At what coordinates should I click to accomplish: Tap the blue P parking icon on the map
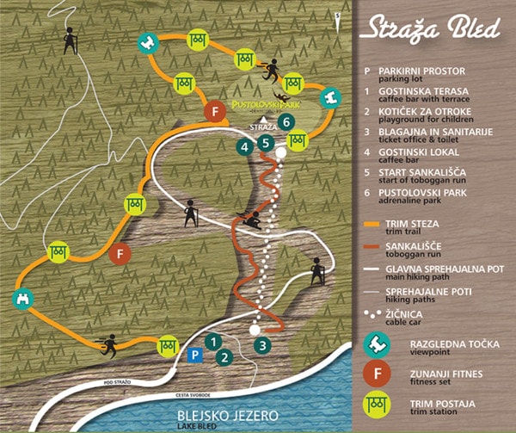[x=195, y=355]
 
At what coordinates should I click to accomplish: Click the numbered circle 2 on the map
[x=224, y=356]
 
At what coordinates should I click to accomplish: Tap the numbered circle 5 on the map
[x=267, y=143]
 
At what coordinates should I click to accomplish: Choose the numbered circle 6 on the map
[x=286, y=121]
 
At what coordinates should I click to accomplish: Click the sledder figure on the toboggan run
[x=253, y=221]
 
